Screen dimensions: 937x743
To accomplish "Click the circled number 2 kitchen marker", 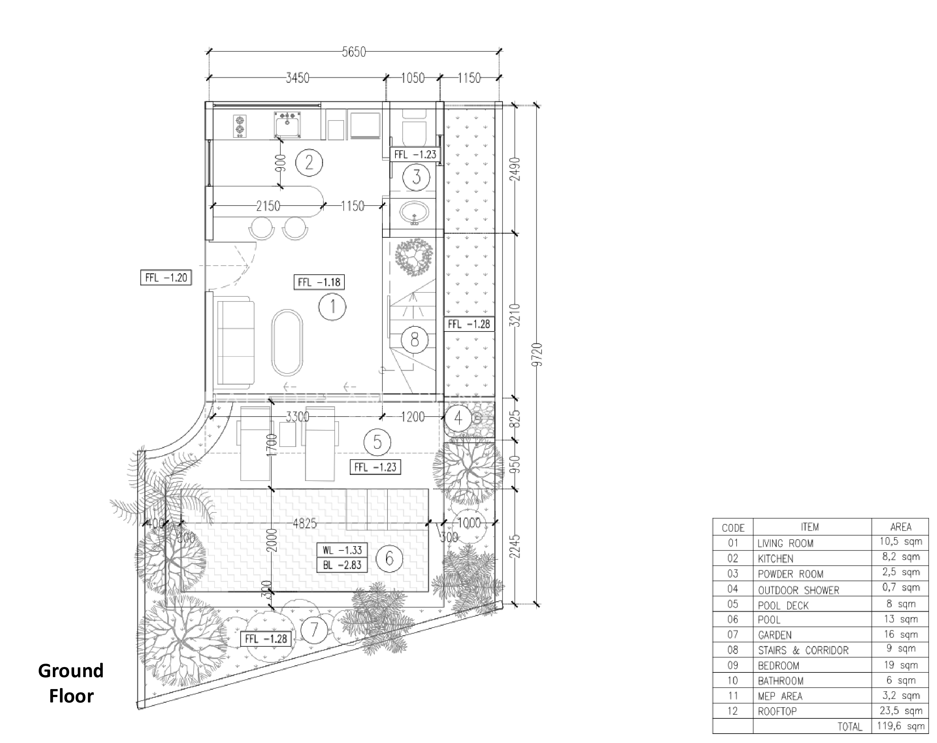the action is point(309,162).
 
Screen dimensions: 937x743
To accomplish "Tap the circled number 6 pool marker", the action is point(389,558).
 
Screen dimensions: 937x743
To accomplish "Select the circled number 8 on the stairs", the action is point(414,339).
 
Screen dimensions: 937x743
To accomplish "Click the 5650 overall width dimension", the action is point(354,52).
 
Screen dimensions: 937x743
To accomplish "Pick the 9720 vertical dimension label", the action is point(538,354).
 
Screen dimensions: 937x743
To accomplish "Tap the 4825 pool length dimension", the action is point(304,523).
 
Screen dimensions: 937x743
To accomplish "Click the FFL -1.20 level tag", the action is point(166,277).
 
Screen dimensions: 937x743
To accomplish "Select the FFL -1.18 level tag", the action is point(319,282).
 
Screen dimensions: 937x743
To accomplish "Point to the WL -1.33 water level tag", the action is point(342,550).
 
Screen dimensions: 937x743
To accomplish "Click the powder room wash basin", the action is point(414,212).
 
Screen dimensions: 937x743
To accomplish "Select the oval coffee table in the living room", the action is point(287,343).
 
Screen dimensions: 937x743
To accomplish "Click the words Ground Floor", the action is point(71,683).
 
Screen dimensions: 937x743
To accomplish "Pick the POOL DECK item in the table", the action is point(783,605).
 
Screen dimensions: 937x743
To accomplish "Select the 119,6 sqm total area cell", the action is point(900,726).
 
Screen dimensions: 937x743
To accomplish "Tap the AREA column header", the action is point(900,527).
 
